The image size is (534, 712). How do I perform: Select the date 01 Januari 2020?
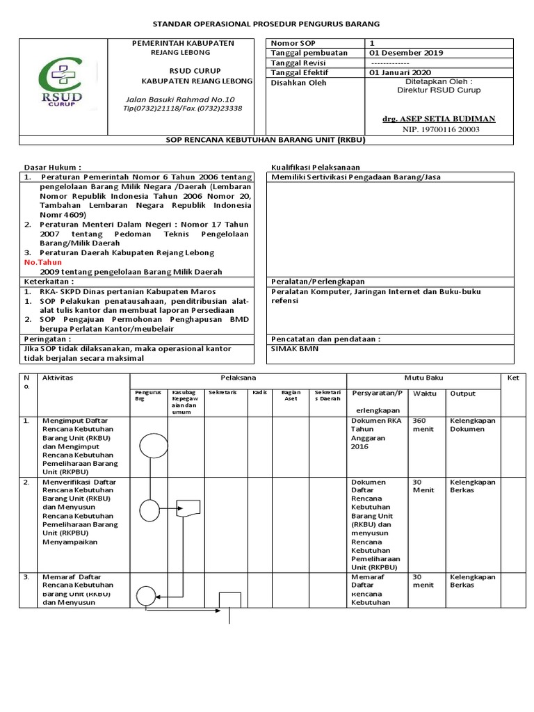(x=400, y=72)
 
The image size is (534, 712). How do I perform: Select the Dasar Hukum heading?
(x=53, y=168)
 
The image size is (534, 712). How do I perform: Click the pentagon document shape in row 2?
(x=188, y=510)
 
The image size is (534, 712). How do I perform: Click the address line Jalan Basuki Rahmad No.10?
(x=179, y=99)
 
